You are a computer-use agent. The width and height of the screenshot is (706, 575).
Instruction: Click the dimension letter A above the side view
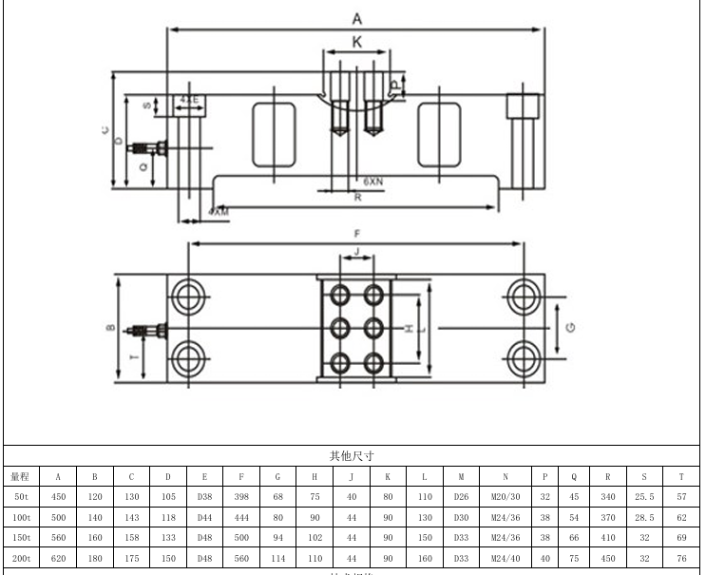pos(357,18)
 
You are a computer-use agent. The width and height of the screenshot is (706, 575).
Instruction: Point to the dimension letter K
pos(357,42)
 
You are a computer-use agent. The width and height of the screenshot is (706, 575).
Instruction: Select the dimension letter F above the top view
pos(357,233)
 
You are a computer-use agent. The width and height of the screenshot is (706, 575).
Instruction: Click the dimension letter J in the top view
pos(355,252)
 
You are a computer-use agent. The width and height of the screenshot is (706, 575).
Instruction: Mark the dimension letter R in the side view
pos(357,198)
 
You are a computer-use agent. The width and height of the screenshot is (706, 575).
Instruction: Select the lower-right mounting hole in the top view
pos(523,358)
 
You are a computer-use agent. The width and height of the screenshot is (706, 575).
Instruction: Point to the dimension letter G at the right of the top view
pos(569,327)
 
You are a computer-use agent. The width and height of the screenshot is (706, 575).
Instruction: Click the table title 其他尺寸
pos(352,456)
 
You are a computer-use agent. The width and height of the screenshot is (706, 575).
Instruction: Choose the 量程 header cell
pos(20,476)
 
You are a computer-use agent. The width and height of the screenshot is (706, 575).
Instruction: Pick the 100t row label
pos(20,518)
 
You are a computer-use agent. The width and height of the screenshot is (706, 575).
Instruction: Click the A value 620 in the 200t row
pos(58,559)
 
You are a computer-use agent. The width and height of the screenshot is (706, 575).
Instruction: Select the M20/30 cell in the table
pos(505,497)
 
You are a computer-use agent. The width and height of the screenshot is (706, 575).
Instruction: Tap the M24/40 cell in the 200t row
pos(505,559)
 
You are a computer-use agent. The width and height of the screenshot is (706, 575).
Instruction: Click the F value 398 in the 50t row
pos(240,497)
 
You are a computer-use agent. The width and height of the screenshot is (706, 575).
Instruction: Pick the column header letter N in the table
pos(505,476)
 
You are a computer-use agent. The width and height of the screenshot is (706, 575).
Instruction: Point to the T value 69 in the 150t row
pos(681,538)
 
